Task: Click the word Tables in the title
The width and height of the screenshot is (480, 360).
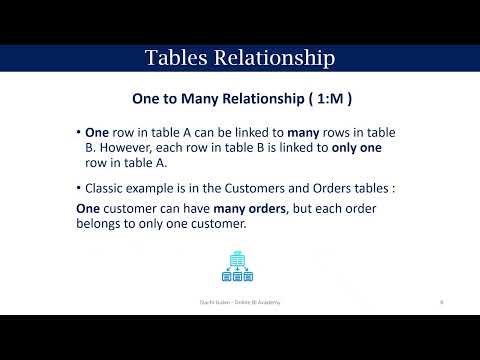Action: pyautogui.click(x=175, y=58)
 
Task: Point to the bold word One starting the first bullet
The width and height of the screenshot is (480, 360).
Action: pyautogui.click(x=97, y=132)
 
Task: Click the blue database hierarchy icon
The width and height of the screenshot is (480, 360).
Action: pyautogui.click(x=238, y=265)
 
